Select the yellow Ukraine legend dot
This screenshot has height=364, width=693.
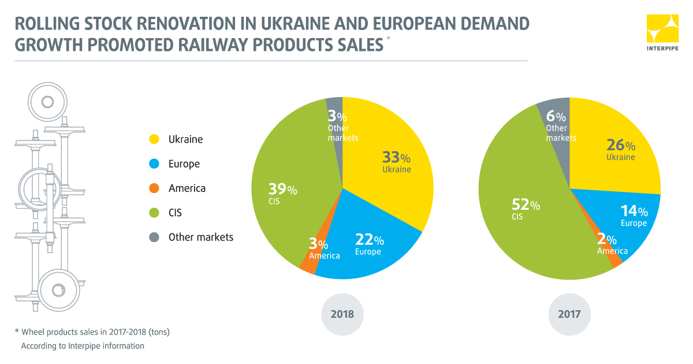pyautogui.click(x=154, y=139)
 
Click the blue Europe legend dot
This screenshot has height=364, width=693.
pyautogui.click(x=154, y=164)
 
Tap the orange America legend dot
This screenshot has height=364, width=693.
pyautogui.click(x=154, y=188)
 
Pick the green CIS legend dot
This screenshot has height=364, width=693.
pyautogui.click(x=154, y=213)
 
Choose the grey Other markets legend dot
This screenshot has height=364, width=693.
pyautogui.click(x=154, y=237)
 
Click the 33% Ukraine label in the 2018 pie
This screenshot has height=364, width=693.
pyautogui.click(x=396, y=162)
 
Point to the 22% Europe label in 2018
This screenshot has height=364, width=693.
pyautogui.click(x=370, y=244)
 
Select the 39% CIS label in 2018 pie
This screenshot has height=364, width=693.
pyautogui.click(x=282, y=194)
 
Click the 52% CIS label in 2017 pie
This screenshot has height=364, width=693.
pyautogui.click(x=526, y=210)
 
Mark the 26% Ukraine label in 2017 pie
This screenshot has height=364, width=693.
pyautogui.click(x=620, y=150)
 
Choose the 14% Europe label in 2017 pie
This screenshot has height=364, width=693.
pyautogui.click(x=634, y=216)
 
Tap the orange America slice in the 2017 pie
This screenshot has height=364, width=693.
pyautogui.click(x=616, y=261)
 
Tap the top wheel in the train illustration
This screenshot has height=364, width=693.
pyautogui.click(x=47, y=102)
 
